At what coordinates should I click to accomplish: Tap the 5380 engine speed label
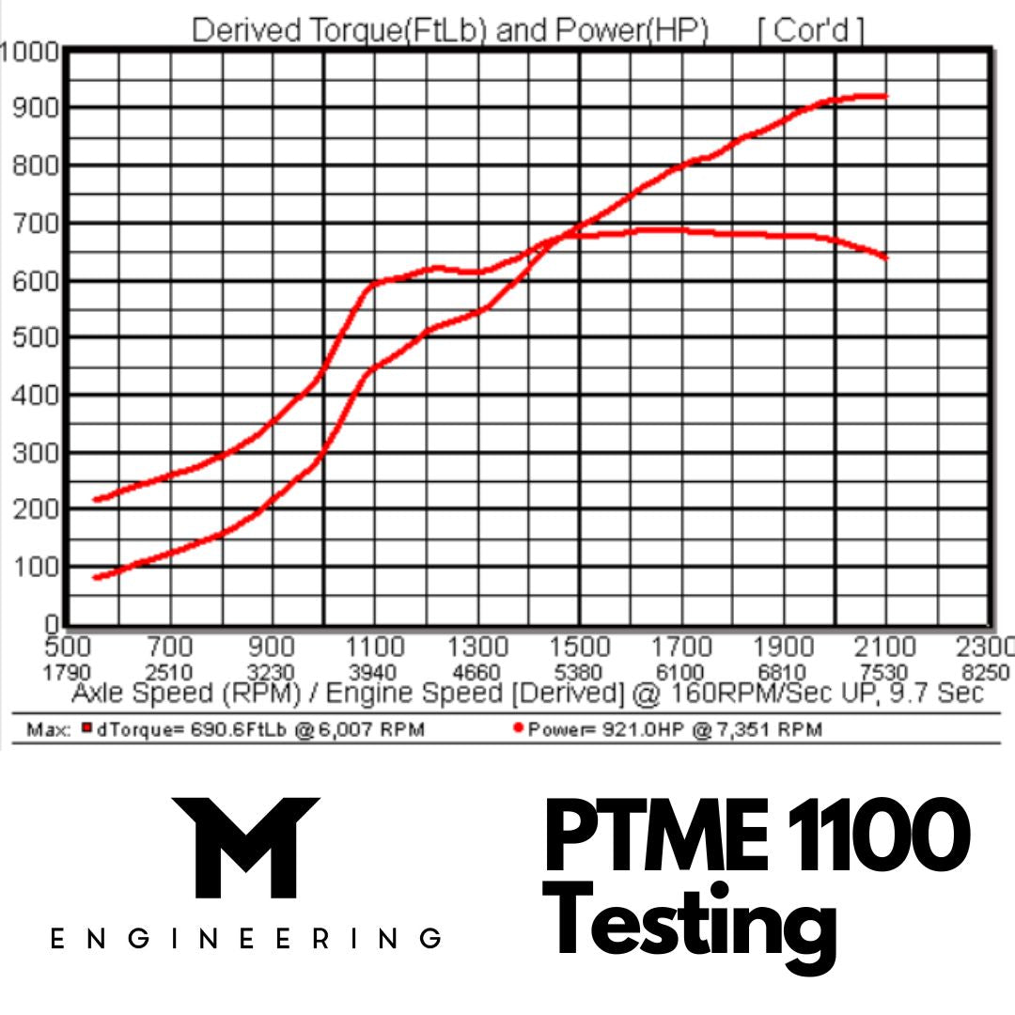[x=579, y=672]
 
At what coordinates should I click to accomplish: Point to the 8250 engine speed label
[x=986, y=672]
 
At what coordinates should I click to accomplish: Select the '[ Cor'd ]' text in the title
[x=810, y=31]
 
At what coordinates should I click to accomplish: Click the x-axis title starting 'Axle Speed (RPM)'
[x=527, y=694]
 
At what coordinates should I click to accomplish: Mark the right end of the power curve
[x=885, y=96]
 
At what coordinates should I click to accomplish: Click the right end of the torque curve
[x=885, y=258]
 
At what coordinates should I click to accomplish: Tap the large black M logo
[x=245, y=847]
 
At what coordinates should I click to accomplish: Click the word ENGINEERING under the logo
[x=245, y=939]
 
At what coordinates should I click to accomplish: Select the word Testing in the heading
[x=694, y=916]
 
